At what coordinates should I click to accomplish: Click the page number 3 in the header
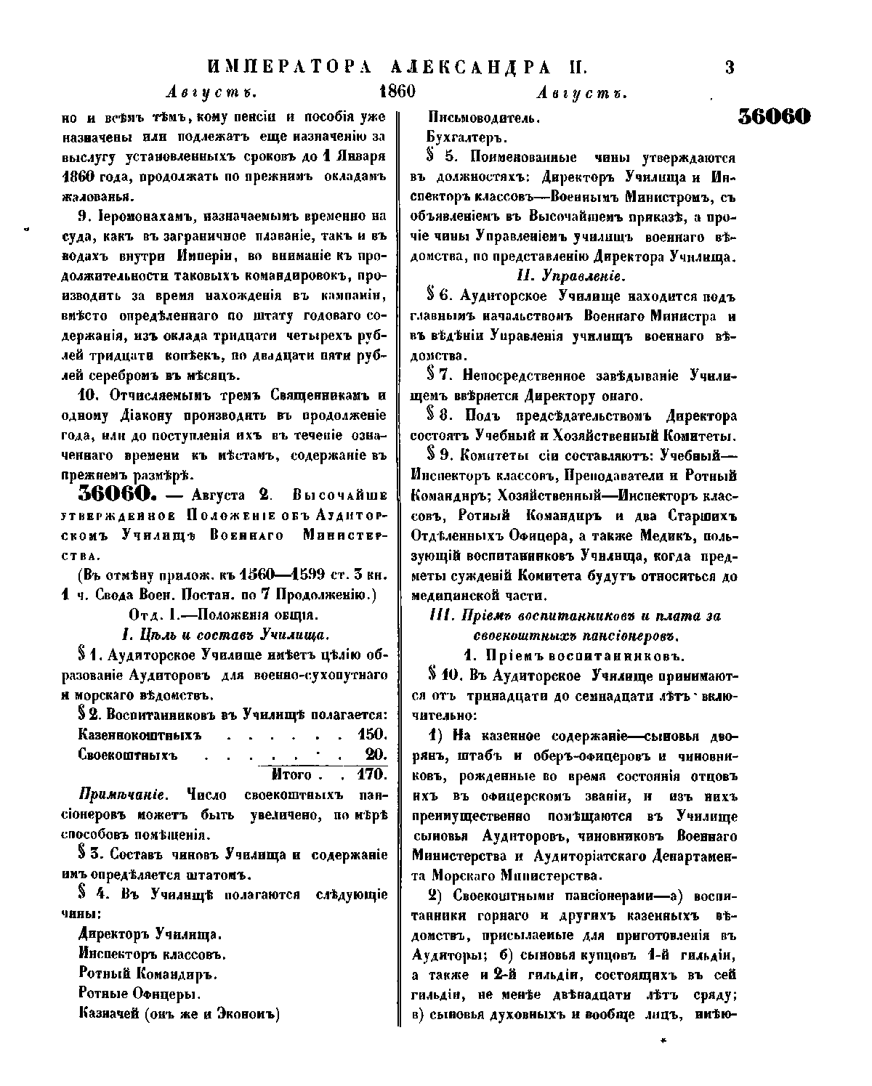[730, 68]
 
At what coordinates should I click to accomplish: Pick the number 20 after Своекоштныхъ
[376, 754]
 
